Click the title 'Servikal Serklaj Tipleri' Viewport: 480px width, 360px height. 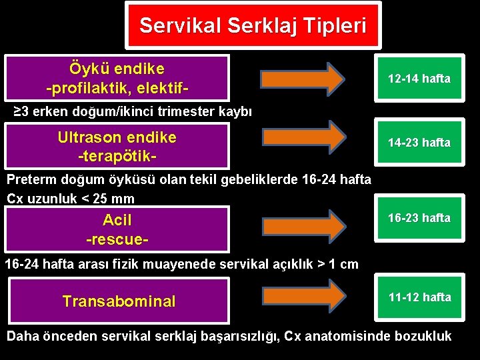253,25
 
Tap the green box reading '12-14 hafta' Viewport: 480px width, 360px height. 419,79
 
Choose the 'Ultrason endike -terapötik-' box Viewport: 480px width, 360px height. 117,145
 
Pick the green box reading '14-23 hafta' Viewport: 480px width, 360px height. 419,143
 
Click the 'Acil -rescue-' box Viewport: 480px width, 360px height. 117,228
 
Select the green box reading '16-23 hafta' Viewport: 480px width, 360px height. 419,218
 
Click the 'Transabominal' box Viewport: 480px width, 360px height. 119,301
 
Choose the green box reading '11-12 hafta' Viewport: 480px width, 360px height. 419,297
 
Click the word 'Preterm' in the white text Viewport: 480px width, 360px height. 32,179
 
